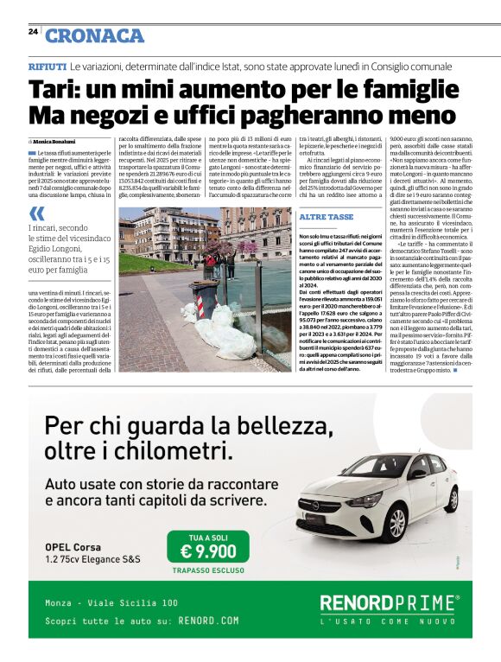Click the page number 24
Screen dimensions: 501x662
[32, 31]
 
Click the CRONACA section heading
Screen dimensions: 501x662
[94, 35]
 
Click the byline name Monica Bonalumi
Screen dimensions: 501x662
[54, 140]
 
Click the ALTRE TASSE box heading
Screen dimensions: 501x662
[326, 216]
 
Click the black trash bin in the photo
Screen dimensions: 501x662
[205, 298]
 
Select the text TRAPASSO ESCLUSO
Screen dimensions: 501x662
[208, 570]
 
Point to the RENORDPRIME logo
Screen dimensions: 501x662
[389, 602]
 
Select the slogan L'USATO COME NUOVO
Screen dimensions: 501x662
[388, 621]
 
